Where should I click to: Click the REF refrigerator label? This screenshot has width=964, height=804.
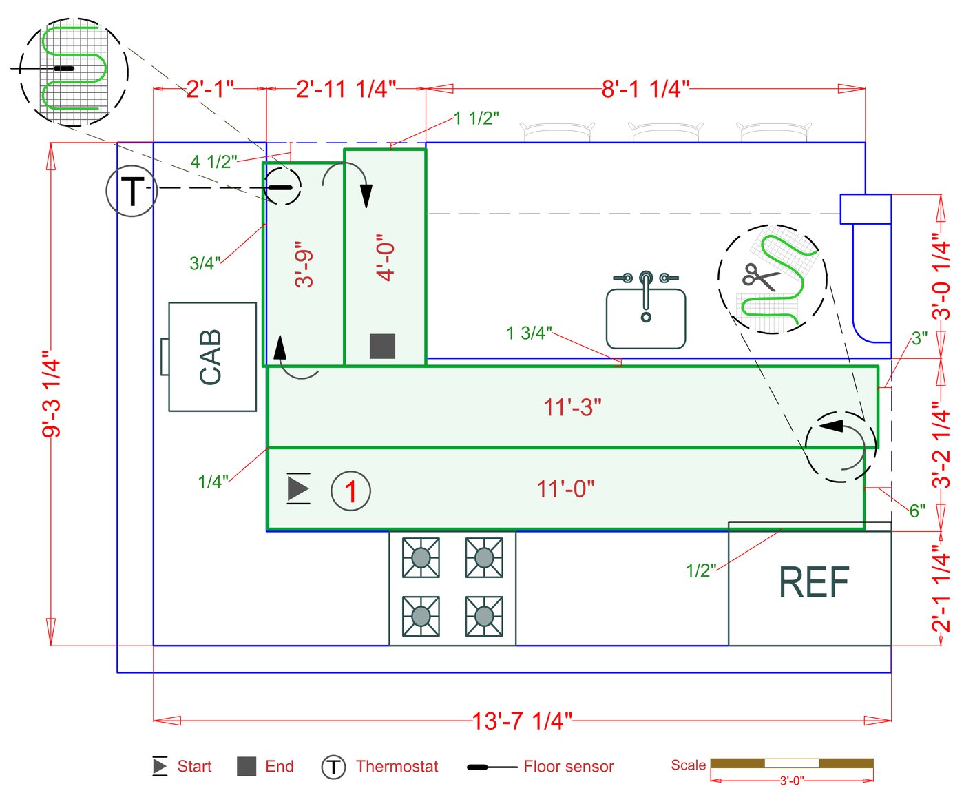tap(813, 583)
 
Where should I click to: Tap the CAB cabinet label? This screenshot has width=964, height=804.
tap(211, 357)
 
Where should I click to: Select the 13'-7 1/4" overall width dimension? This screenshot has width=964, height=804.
tap(522, 721)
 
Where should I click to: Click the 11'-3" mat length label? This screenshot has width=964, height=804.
tap(572, 407)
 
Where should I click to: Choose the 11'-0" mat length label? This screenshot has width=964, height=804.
tap(565, 488)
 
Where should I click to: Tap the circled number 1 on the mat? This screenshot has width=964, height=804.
tap(350, 491)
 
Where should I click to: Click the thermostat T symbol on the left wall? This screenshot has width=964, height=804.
tap(132, 191)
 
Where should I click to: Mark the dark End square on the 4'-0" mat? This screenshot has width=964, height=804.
tap(382, 346)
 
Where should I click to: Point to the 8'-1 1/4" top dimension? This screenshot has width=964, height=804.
tap(645, 89)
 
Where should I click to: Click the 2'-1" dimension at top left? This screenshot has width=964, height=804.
tap(210, 89)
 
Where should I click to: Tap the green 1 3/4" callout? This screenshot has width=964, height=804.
tap(529, 333)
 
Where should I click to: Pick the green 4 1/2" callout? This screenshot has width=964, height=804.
tap(213, 162)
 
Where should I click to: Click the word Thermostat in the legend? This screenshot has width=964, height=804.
tap(397, 766)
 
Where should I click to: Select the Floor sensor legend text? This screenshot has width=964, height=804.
tap(568, 766)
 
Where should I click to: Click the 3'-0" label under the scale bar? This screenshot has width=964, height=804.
tap(791, 781)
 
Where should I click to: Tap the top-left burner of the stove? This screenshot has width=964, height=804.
tap(421, 557)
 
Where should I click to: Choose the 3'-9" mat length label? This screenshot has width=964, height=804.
tap(304, 264)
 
